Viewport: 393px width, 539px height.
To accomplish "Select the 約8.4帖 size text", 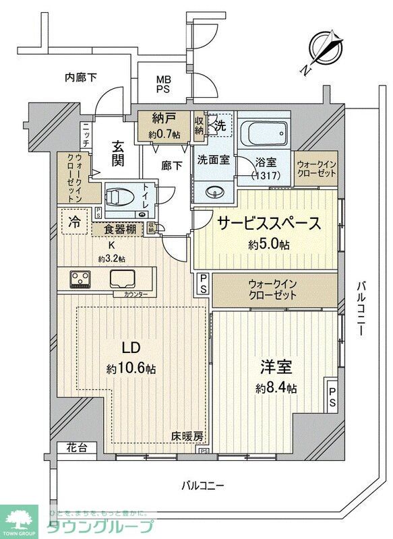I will coord(276,389).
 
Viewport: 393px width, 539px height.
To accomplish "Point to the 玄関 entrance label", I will coord(118,153).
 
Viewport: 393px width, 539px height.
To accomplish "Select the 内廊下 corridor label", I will coord(80,77).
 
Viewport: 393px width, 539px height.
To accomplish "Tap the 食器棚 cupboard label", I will coord(123,229).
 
